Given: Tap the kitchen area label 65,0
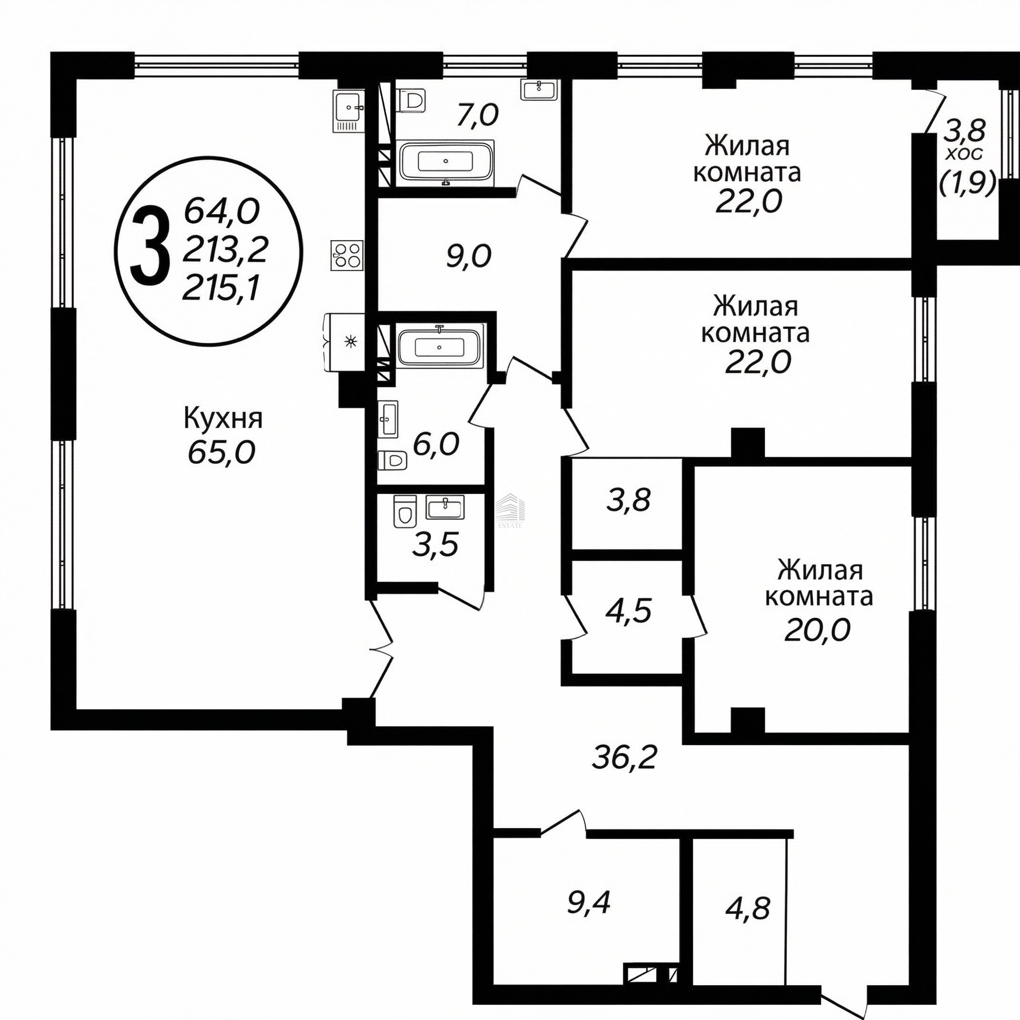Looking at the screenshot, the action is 221,452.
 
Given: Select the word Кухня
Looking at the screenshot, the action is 223,420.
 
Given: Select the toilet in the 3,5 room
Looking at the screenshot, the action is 405,510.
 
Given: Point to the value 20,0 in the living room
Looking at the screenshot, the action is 817,630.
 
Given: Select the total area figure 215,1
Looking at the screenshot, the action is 222,288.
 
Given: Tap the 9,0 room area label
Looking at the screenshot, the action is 468,257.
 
